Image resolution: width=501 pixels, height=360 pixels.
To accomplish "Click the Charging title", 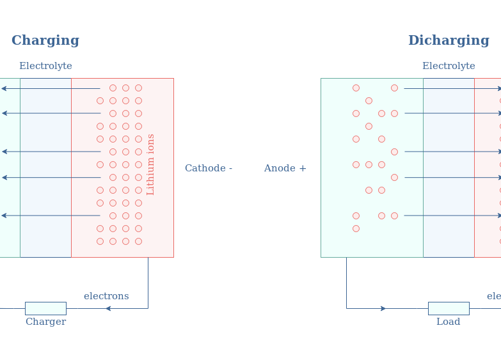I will coord(45,41).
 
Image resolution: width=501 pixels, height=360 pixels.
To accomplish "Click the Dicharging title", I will coord(449,41).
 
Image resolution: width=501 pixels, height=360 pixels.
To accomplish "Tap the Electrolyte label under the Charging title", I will coord(45,67).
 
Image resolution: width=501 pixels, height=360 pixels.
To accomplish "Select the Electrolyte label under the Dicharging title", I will coord(449,67).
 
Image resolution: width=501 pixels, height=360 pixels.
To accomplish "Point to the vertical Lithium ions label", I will coord(151,164).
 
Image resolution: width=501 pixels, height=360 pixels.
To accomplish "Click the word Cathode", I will coord(204,169).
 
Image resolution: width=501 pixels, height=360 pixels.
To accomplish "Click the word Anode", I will coord(280,169).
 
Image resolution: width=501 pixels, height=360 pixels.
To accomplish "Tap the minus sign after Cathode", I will coord(230,169).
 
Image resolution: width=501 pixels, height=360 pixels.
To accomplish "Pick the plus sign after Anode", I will coord(303,169).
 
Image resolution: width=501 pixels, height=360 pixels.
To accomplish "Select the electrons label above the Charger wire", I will coord(106,297).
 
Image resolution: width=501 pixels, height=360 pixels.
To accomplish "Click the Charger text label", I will coord(45,322).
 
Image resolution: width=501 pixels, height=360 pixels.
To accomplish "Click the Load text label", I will coord(448,322).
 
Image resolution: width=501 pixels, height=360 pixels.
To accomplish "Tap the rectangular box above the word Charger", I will coord(45,308).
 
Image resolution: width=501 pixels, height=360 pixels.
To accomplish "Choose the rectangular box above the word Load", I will coord(449,308).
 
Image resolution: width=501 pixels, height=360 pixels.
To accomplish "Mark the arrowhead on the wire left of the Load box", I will coord(383,308).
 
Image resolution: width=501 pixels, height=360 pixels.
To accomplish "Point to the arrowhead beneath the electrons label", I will coord(108,308).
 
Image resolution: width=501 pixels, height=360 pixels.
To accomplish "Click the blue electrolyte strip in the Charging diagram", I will coord(45,168).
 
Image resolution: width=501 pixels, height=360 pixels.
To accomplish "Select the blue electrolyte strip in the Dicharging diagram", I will coord(449,168).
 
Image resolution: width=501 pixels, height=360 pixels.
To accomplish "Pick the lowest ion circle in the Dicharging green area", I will coord(356,228).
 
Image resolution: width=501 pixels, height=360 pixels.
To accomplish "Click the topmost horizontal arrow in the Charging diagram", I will coord(51,88).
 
